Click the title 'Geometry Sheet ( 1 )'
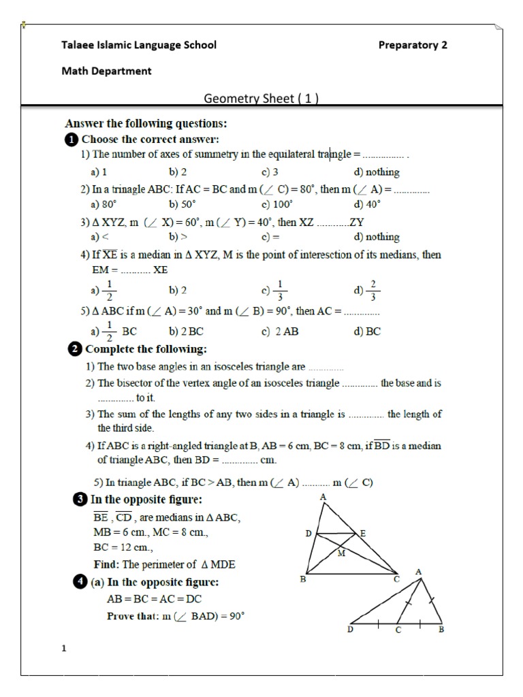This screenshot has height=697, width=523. coord(261,98)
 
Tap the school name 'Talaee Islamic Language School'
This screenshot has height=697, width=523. coord(139,45)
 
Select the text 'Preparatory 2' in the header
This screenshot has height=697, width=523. coord(413,45)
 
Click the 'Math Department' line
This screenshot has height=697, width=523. coord(106,71)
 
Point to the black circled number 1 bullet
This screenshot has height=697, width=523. coord(71,140)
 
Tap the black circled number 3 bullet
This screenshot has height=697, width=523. coord(79,500)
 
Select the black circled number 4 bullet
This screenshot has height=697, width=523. coord(79,583)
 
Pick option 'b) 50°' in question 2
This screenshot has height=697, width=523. coord(182,204)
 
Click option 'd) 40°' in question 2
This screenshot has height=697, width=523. coord(367,204)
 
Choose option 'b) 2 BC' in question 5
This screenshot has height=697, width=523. coord(186,332)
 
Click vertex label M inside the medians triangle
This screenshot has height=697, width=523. coord(341,553)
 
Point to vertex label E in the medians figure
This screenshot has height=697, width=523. coord(363,534)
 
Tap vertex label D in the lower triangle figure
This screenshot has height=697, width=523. coord(351,630)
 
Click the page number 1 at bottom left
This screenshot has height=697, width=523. coord(64,648)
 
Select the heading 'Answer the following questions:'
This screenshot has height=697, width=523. coord(146,124)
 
